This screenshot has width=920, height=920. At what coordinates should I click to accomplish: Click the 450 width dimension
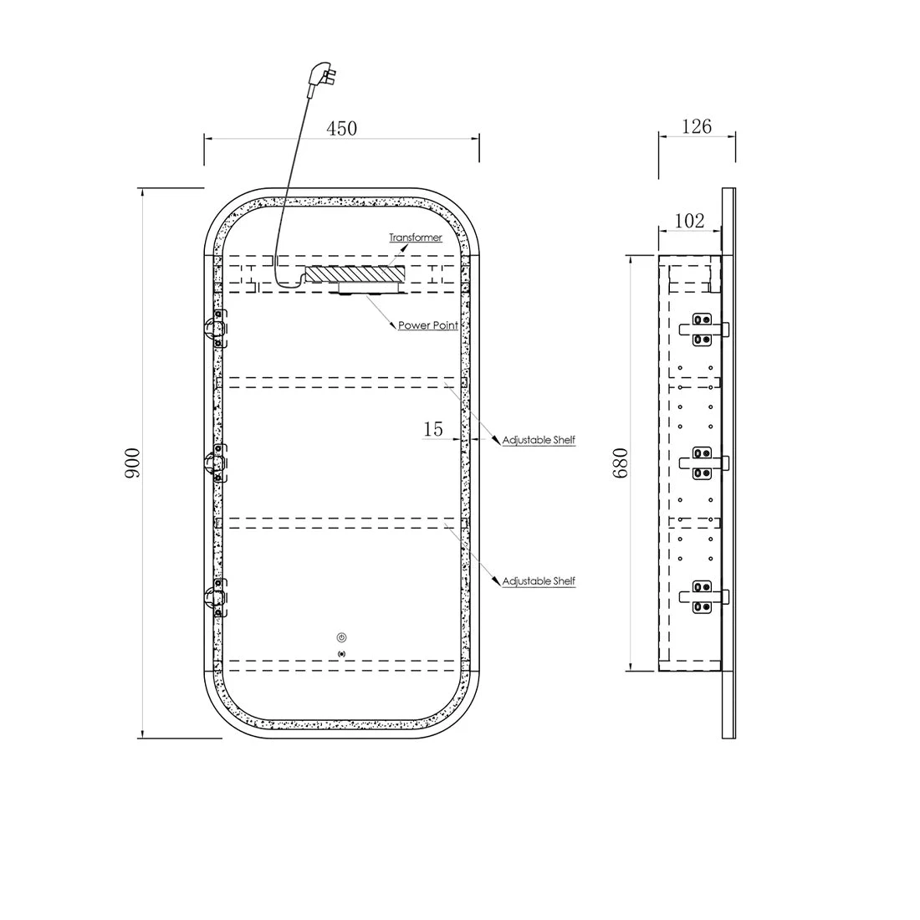click(341, 129)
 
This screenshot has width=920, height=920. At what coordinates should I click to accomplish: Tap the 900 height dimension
click(133, 463)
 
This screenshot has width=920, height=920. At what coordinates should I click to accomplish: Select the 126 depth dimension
click(697, 126)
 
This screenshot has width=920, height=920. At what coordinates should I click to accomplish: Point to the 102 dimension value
click(689, 221)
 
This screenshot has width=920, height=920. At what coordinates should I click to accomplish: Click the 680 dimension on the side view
click(621, 463)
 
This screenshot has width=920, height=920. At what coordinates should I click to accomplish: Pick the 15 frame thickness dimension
click(433, 429)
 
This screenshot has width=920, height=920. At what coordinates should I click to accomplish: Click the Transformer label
click(416, 237)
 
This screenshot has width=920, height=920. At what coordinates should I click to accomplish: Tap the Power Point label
click(427, 325)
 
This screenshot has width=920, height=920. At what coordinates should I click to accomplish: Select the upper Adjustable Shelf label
click(539, 439)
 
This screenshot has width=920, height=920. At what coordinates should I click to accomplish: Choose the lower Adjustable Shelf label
click(539, 581)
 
